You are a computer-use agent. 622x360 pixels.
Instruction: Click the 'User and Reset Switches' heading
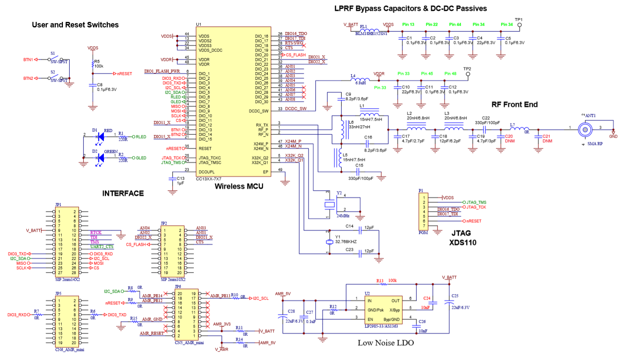point(75,25)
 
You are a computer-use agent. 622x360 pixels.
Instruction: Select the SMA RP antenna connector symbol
point(585,129)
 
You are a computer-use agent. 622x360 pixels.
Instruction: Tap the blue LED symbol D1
point(100,136)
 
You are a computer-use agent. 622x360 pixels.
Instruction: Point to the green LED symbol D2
point(100,158)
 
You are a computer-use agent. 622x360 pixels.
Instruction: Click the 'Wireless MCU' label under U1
point(239,186)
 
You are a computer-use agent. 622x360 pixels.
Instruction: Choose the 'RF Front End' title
point(514,104)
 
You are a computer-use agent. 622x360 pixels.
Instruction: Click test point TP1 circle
point(519,25)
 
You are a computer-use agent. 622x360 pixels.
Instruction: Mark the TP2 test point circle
point(467,74)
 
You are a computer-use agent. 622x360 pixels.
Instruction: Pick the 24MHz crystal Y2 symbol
point(329,205)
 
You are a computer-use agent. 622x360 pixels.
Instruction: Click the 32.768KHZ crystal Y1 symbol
point(329,242)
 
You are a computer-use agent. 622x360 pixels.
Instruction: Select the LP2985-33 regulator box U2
point(383,310)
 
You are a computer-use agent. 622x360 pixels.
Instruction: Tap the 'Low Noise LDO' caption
point(386,343)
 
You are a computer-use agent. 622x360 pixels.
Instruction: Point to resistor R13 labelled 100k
point(383,284)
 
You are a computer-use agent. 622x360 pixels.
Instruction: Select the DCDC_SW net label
point(296,109)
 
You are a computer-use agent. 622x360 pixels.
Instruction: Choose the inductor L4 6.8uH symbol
point(360,79)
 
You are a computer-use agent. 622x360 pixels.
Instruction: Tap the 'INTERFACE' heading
point(123,193)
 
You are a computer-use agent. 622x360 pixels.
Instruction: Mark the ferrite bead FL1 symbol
point(367,30)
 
